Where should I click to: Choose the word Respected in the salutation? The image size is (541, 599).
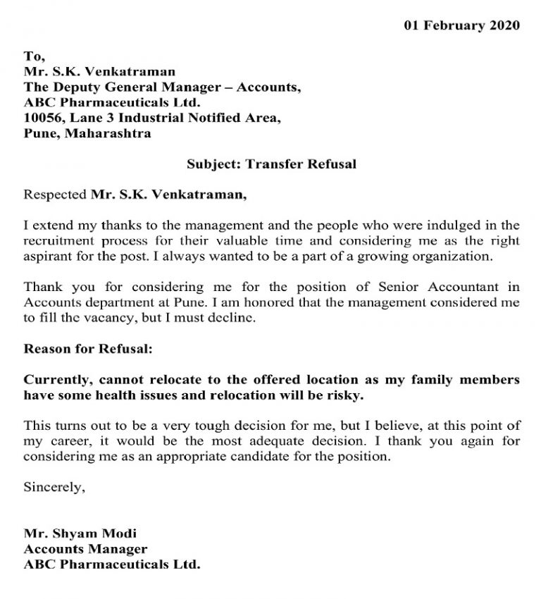pyautogui.click(x=55, y=195)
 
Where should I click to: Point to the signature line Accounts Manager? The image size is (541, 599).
pyautogui.click(x=85, y=549)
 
